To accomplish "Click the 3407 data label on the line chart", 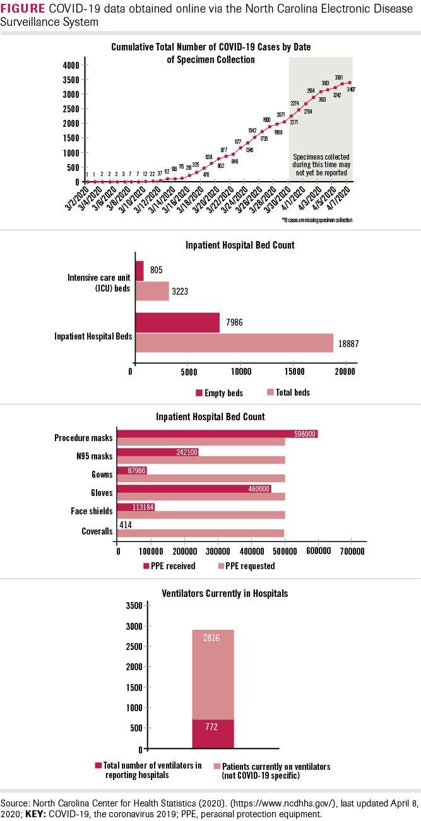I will coord(350,90).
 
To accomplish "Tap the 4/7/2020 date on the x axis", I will coord(340,193).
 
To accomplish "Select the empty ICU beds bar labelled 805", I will coord(139,270).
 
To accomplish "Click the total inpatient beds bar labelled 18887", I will coord(234,343).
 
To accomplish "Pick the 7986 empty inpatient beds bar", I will coord(177,322).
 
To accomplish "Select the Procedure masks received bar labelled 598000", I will coord(217,434).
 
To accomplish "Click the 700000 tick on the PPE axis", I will coord(352,551).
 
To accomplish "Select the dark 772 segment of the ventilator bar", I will coord(213,733).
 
